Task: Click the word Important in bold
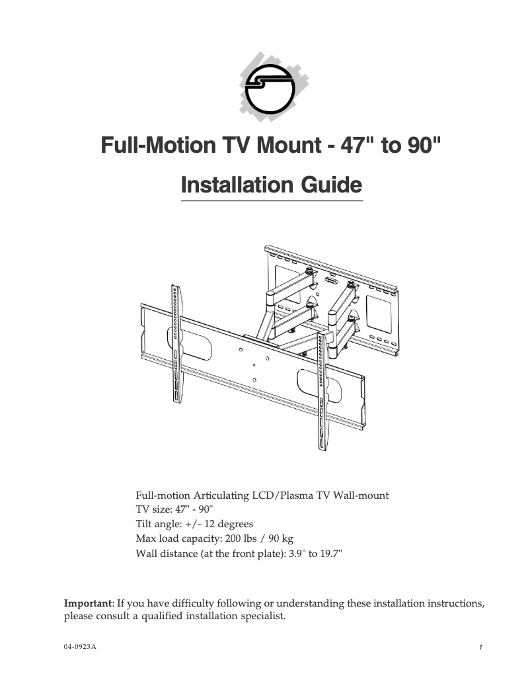tap(87, 603)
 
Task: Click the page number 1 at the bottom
tap(482, 647)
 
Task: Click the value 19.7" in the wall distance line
tap(331, 554)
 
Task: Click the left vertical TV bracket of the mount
tap(176, 344)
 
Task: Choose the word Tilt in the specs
tap(144, 525)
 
